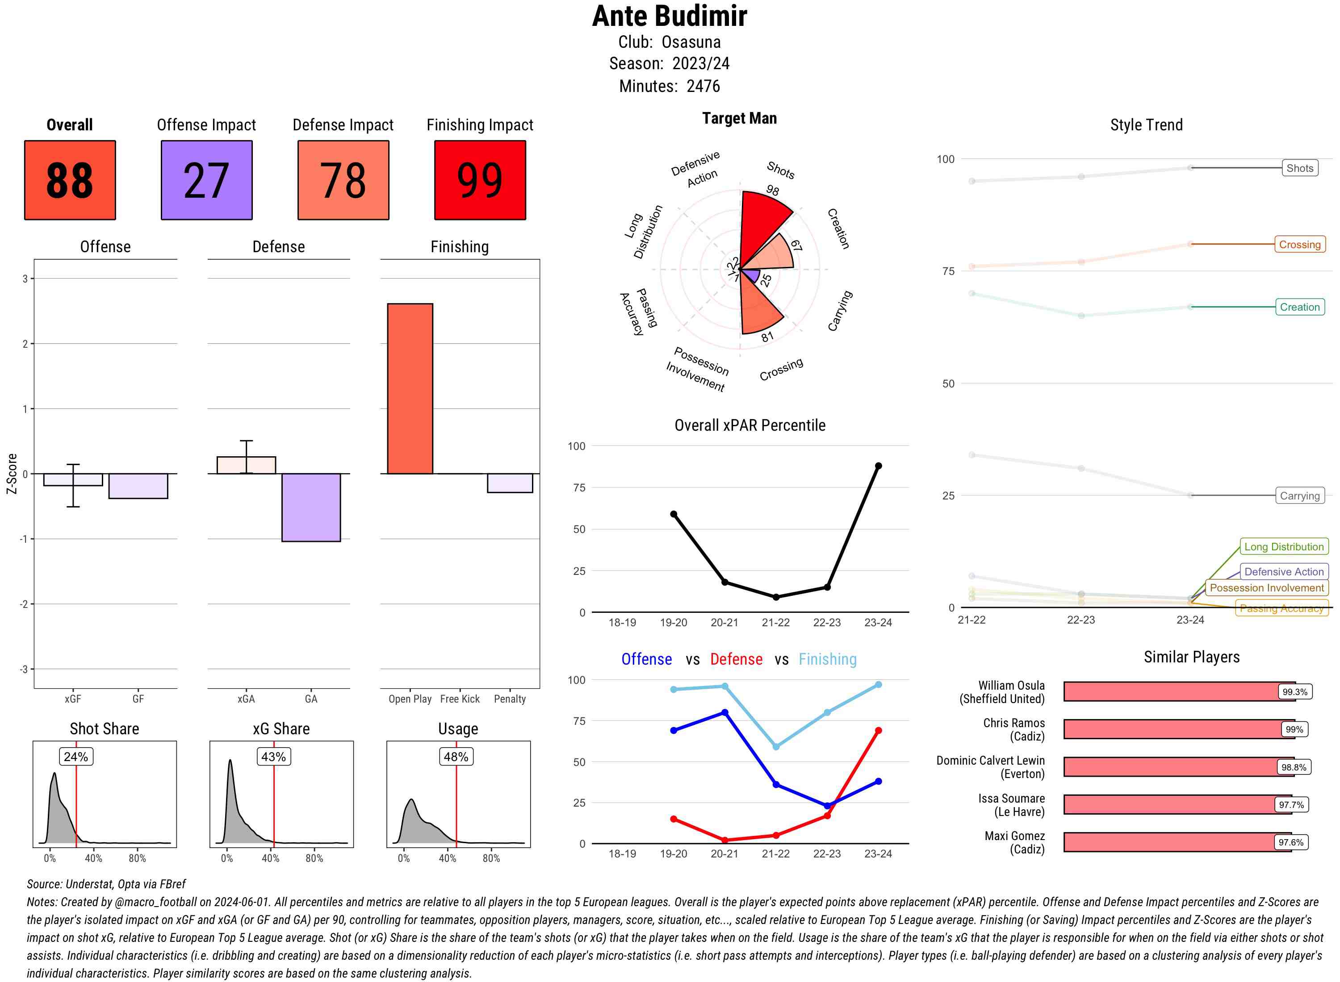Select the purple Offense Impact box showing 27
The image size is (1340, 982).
pos(206,180)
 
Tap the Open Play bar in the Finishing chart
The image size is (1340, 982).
pos(410,388)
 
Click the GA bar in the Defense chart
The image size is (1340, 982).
pos(311,507)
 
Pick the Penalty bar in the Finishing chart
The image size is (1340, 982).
pos(510,483)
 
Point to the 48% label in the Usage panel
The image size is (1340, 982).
pos(456,757)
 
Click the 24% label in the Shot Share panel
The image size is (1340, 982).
pos(76,757)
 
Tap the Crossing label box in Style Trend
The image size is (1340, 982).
pos(1299,244)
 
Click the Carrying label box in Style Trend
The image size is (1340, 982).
pos(1299,496)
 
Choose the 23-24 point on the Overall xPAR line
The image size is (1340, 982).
pos(878,466)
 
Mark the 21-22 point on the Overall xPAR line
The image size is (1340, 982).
pos(775,597)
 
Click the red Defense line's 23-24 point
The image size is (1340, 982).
pos(878,731)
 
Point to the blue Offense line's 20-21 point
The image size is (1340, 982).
pos(724,712)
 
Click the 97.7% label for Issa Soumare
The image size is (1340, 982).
pos(1291,805)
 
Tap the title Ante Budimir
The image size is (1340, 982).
pos(670,17)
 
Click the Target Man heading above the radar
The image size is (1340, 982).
pos(739,118)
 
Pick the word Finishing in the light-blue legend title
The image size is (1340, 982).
pos(827,659)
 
